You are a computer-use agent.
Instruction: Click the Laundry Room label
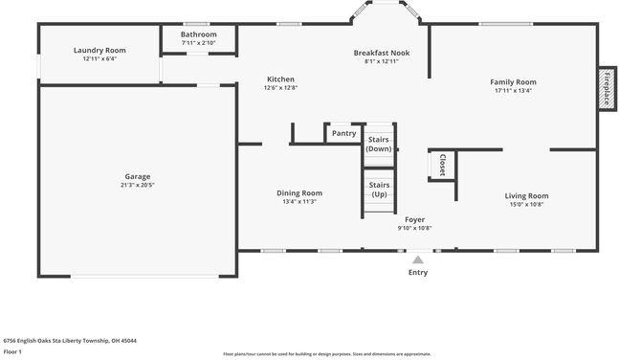pos(99,50)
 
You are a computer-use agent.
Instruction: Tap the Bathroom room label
pos(198,34)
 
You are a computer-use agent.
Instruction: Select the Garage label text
pos(138,176)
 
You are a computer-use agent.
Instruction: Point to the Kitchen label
pos(280,79)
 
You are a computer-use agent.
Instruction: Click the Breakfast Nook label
pos(382,53)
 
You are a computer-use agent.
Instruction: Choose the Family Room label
pos(514,82)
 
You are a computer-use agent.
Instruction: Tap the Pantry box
pos(343,133)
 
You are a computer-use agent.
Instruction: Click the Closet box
pos(442,165)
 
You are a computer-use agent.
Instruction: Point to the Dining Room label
pos(299,192)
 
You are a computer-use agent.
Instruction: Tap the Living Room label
pos(526,195)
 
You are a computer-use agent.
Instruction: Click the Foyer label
pos(414,219)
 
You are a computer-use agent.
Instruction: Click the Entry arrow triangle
pos(418,259)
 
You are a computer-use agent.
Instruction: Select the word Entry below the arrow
pos(418,273)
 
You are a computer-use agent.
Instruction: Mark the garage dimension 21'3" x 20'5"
pos(138,185)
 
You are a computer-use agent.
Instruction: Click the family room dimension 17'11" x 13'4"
pos(514,92)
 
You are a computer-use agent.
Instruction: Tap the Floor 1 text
pos(14,352)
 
